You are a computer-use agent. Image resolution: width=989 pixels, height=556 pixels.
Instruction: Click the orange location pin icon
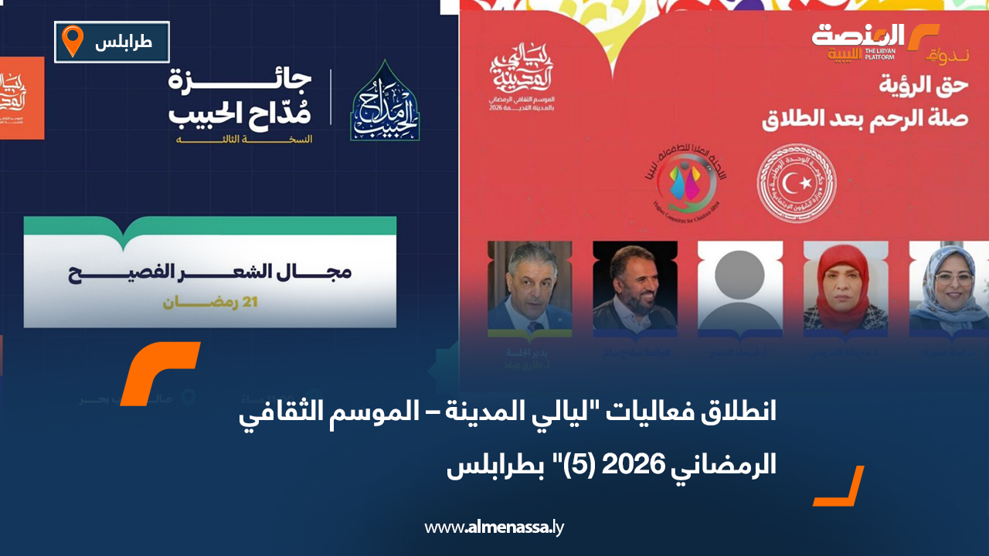(x=73, y=41)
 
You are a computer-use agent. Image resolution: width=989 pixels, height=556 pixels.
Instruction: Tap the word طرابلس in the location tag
(x=124, y=43)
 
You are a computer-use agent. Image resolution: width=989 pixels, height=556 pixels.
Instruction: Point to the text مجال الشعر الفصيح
(x=209, y=273)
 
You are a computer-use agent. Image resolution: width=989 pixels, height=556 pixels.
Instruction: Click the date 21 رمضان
(x=209, y=301)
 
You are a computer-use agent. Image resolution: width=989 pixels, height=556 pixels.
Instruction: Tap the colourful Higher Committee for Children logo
(x=682, y=182)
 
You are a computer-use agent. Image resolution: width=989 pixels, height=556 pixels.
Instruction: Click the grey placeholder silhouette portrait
(x=740, y=286)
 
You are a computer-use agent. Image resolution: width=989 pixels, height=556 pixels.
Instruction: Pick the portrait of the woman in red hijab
(x=845, y=286)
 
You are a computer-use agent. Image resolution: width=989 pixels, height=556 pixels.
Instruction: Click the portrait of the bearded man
(x=634, y=286)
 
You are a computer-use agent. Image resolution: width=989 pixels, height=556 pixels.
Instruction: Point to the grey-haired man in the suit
(x=529, y=286)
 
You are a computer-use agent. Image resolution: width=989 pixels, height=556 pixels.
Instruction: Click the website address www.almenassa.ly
(x=494, y=528)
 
